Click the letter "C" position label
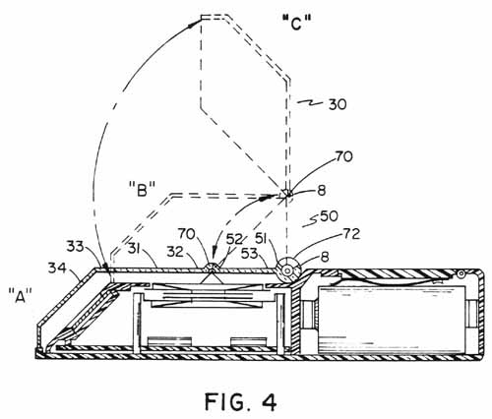click(x=297, y=24)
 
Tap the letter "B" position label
click(x=142, y=189)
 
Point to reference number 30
click(x=337, y=104)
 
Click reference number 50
click(x=329, y=216)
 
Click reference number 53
click(x=250, y=253)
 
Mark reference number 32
click(x=175, y=252)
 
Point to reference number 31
click(x=136, y=250)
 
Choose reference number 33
click(x=76, y=246)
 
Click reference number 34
click(x=57, y=269)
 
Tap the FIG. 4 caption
click(x=241, y=401)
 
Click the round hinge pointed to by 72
click(x=287, y=271)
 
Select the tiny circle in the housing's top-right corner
click(x=461, y=273)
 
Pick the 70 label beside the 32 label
click(x=187, y=234)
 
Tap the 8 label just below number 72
click(x=325, y=257)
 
